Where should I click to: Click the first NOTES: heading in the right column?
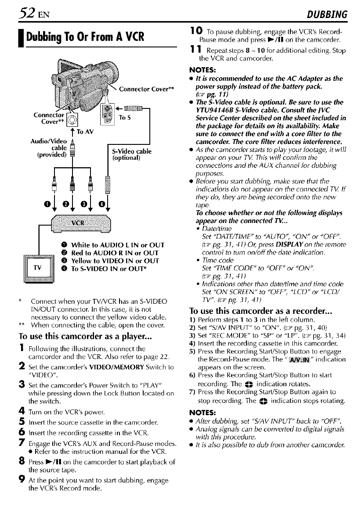(x=202, y=69)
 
